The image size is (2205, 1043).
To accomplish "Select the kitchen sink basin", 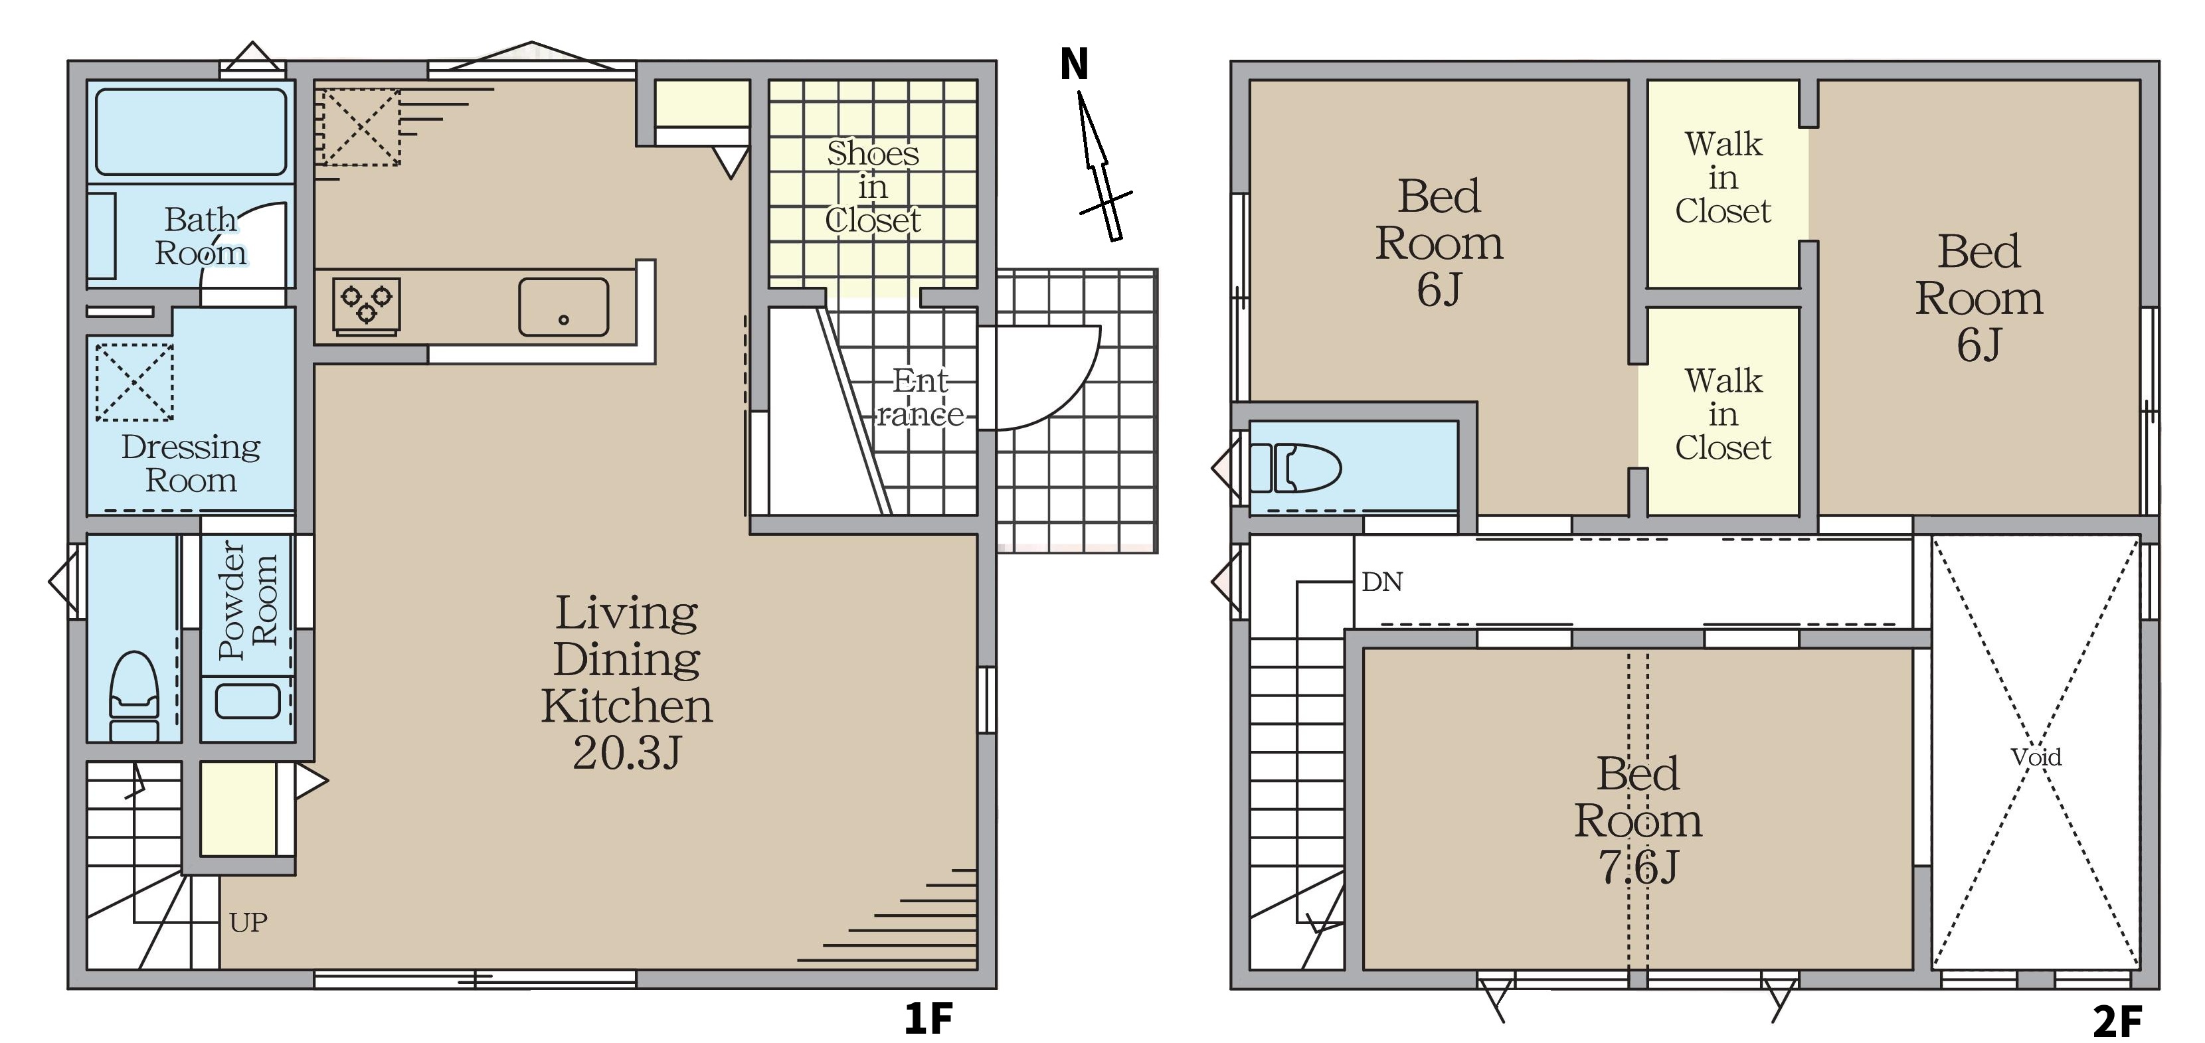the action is pyautogui.click(x=563, y=306).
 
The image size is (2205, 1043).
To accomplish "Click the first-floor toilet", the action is pyautogui.click(x=134, y=694).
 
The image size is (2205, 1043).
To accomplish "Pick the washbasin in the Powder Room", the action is pyautogui.click(x=247, y=700).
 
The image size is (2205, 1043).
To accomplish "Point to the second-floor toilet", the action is pyautogui.click(x=1295, y=467).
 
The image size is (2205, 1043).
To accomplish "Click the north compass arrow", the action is pyautogui.click(x=1101, y=166).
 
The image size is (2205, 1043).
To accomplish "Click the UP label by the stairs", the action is pyautogui.click(x=248, y=922).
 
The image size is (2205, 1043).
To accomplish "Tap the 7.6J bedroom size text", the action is pyautogui.click(x=1638, y=867).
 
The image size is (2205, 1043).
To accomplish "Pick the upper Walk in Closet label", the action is pyautogui.click(x=1722, y=177).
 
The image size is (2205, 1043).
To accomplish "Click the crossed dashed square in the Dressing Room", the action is pyautogui.click(x=134, y=382).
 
